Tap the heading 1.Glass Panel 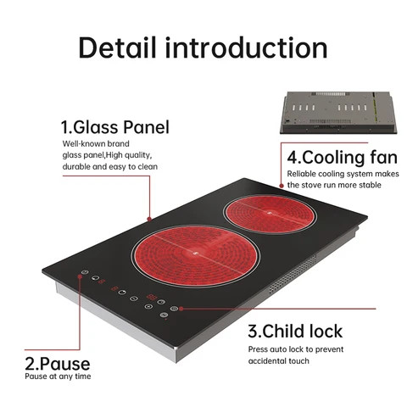(114, 127)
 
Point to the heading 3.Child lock (297, 331)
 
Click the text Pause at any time (58, 376)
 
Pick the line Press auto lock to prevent (296, 348)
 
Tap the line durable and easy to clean (110, 166)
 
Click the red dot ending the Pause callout (82, 275)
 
